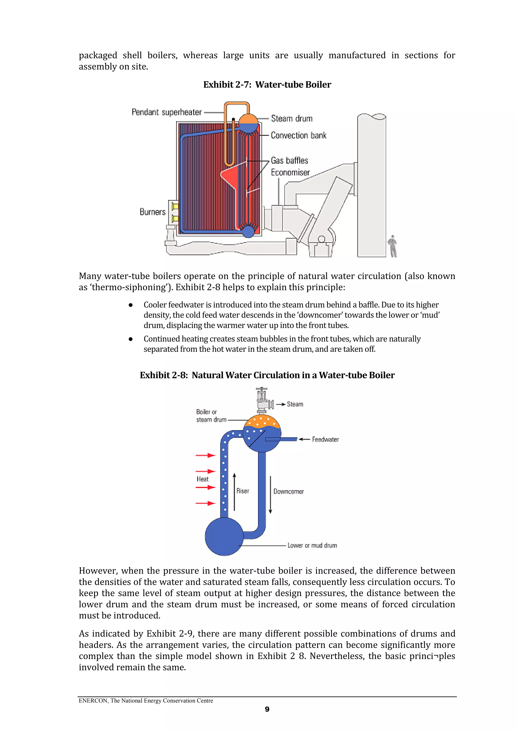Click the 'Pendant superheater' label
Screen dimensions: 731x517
click(167, 112)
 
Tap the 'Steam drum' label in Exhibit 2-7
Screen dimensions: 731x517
click(292, 118)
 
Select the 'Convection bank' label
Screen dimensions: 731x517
click(298, 135)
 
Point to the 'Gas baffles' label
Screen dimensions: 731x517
click(289, 160)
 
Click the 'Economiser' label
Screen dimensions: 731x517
click(290, 173)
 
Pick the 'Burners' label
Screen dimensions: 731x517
click(152, 212)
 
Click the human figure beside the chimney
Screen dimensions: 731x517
click(393, 246)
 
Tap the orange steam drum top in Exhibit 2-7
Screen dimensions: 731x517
click(248, 119)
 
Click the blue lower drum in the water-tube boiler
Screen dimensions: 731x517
click(248, 231)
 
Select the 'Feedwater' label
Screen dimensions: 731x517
click(325, 439)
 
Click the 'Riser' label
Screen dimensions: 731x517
click(243, 491)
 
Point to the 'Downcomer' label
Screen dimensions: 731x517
click(289, 492)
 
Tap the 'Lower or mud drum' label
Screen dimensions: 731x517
click(312, 545)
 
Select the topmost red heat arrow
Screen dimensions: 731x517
click(205, 455)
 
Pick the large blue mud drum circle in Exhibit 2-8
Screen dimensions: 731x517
click(224, 536)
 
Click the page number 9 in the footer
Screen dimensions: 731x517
click(267, 709)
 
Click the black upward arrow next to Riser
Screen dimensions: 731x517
click(235, 492)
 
